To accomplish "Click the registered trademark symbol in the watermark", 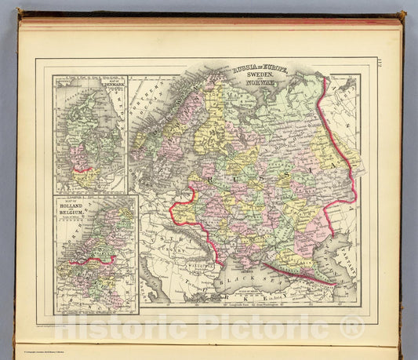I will click(354, 327).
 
